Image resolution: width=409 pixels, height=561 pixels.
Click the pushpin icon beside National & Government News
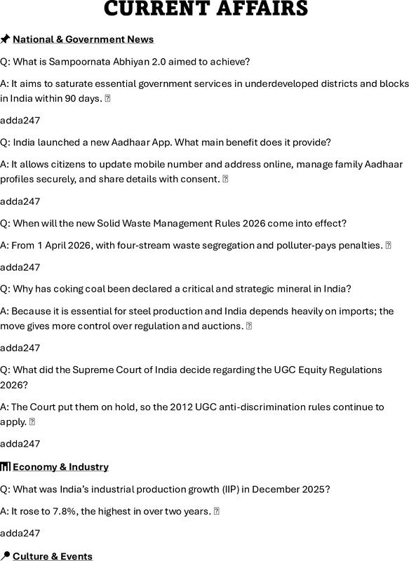(6, 39)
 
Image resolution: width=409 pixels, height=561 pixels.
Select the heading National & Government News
(83, 39)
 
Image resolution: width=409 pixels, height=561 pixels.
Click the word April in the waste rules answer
(52, 245)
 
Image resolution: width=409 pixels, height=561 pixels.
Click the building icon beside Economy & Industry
(6, 467)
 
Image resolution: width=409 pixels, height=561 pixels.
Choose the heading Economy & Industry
(60, 467)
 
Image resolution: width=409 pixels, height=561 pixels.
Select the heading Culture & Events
(53, 556)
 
